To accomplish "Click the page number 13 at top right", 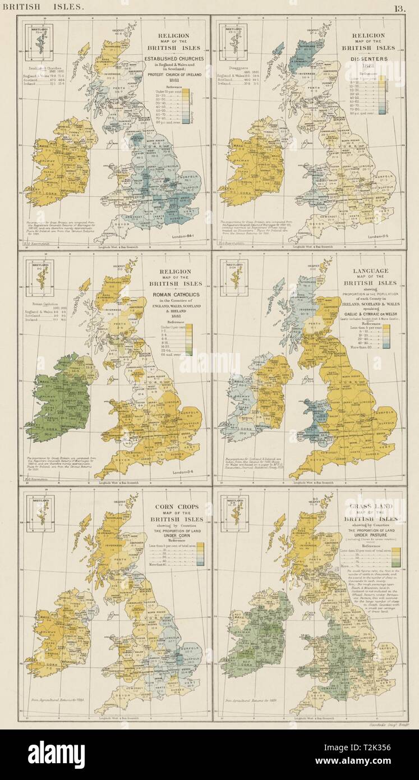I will [x=399, y=7].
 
